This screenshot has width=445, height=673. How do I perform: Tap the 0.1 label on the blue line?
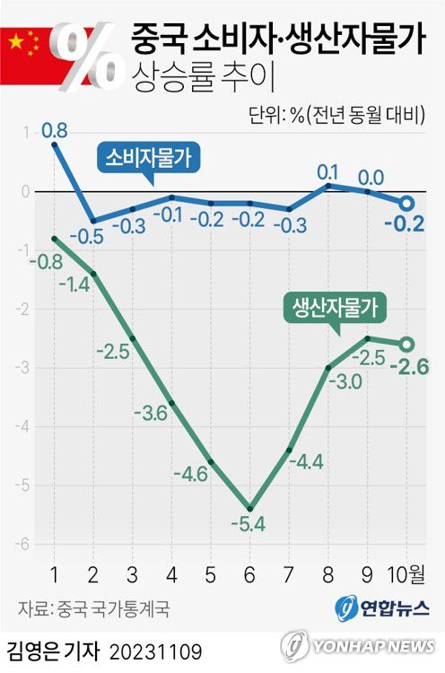pyautogui.click(x=327, y=170)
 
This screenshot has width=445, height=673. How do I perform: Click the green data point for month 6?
pyautogui.click(x=249, y=508)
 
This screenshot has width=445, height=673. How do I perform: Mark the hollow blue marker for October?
pyautogui.click(x=406, y=203)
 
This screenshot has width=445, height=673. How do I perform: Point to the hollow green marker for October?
pyautogui.click(x=406, y=344)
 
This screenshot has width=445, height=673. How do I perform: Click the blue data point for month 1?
pyautogui.click(x=55, y=144)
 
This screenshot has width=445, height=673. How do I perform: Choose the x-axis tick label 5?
pyautogui.click(x=210, y=573)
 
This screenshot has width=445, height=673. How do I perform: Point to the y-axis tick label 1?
pyautogui.click(x=25, y=133)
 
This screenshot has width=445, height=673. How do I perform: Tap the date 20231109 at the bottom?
pyautogui.click(x=156, y=648)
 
